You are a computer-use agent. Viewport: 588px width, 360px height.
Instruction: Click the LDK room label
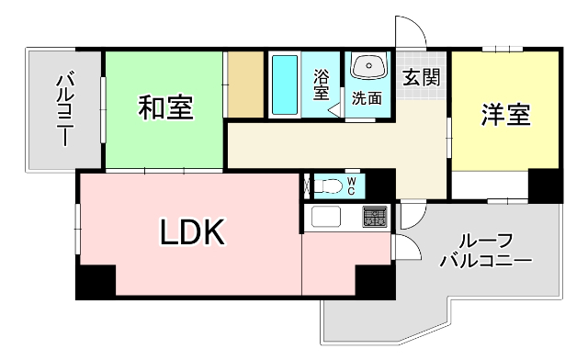click(x=193, y=234)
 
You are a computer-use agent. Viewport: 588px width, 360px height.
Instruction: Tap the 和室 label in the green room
click(x=165, y=107)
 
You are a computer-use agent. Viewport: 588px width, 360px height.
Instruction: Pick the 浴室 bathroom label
click(x=321, y=84)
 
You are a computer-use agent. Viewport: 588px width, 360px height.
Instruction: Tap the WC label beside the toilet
click(x=352, y=186)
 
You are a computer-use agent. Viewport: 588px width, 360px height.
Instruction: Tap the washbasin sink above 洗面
click(x=370, y=67)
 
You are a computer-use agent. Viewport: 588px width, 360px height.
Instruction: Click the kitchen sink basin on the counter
click(x=326, y=218)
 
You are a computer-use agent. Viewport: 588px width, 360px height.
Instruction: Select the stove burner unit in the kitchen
click(x=375, y=218)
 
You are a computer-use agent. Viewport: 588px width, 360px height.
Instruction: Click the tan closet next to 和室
click(x=245, y=84)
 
